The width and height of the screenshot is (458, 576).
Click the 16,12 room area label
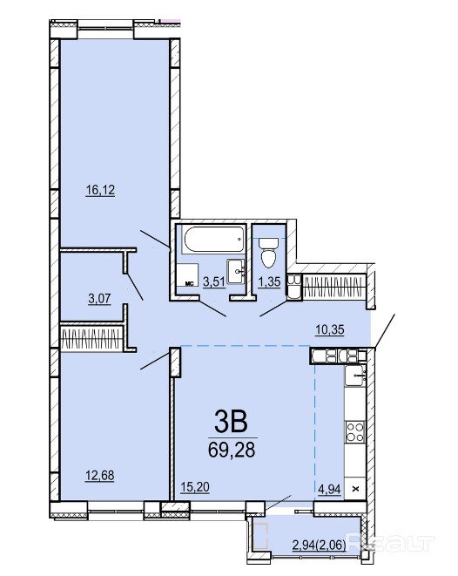coord(100,190)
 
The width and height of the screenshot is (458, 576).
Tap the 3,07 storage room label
coord(99,298)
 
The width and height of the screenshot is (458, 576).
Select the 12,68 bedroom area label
coord(100,475)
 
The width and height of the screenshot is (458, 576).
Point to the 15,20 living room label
coord(195,487)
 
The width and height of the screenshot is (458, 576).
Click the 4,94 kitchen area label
coord(329,490)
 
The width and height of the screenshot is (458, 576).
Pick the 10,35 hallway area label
coord(330,329)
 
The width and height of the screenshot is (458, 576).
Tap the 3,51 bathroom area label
coord(214,281)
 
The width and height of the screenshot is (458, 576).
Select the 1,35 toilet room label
coord(269,281)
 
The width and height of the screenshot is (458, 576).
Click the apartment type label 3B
coord(232,422)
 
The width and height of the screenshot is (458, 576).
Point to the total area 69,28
coord(232,450)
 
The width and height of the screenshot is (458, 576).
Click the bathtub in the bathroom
coord(213,239)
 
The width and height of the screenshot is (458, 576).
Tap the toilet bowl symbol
coord(269,252)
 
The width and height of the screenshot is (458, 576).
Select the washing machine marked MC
coord(187,274)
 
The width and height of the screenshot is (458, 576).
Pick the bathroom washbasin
coord(236,271)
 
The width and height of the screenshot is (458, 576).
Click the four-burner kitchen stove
coord(355,431)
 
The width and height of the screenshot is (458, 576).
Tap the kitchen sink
coord(355,375)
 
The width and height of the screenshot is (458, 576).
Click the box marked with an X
coord(355,489)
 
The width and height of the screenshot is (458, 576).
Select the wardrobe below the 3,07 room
coord(91,338)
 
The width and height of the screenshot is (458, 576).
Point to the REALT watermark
coord(390,543)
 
